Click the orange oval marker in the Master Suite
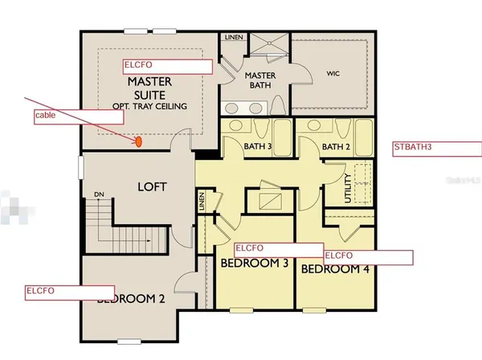pos(138,142)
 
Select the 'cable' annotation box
pos(78,116)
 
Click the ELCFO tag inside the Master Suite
pos(166,66)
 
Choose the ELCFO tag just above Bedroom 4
pos(368,256)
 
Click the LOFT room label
pos(151,186)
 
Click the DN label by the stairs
pos(99,194)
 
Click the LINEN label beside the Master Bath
pos(233,37)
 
